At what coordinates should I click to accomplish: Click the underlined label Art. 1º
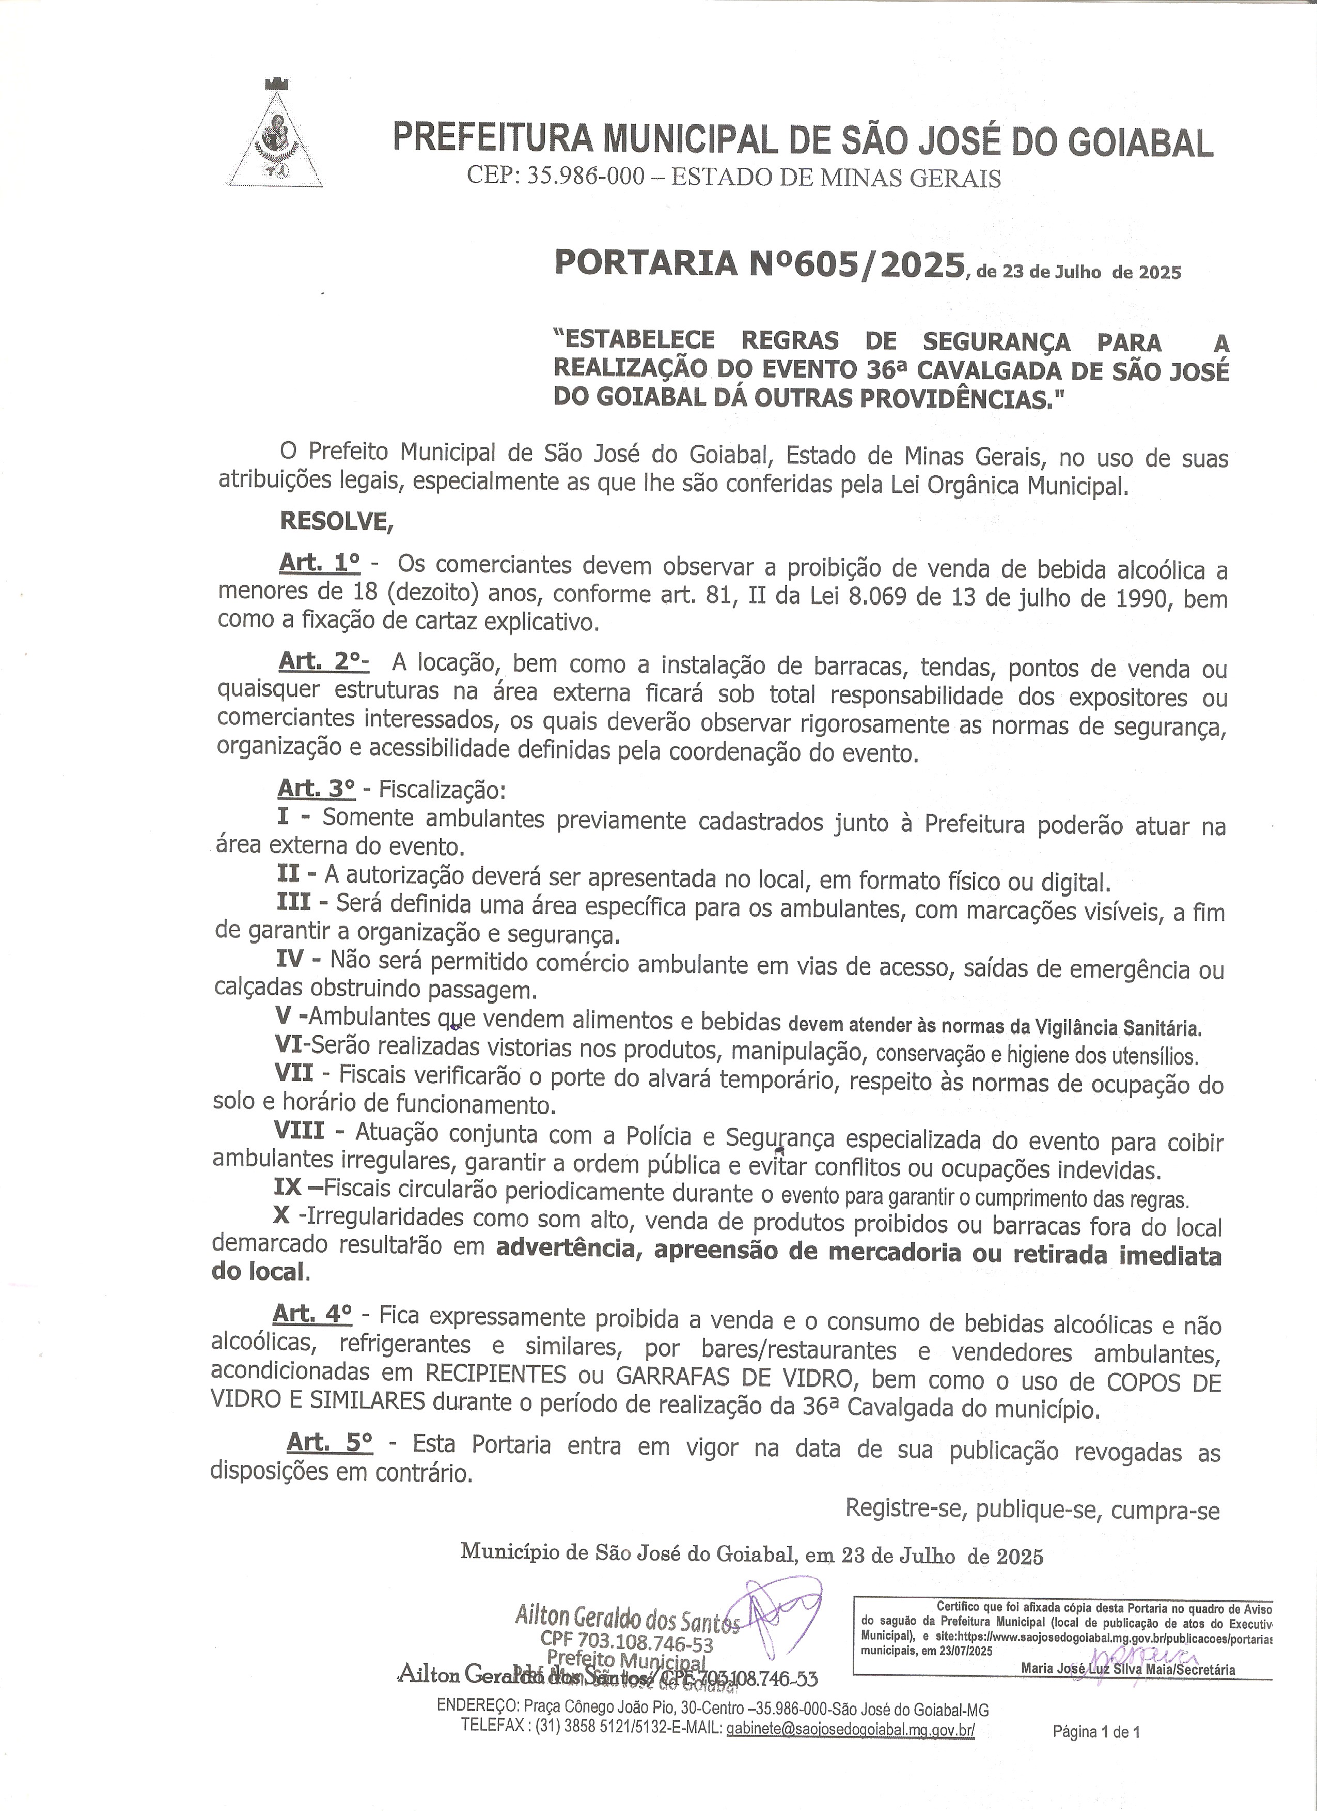[319, 563]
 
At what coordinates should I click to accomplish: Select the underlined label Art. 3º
[316, 788]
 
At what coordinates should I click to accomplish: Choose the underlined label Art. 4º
[312, 1314]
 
